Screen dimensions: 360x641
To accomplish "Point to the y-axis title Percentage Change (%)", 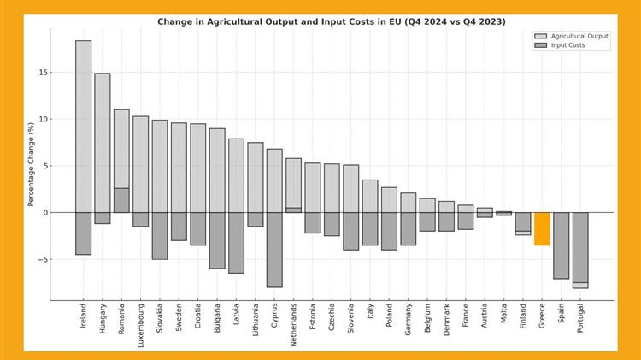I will [32, 164].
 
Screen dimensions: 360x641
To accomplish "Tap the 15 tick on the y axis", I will [42, 73].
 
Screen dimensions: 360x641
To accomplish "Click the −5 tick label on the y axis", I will [42, 259].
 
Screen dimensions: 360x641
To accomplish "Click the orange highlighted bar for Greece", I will [542, 228].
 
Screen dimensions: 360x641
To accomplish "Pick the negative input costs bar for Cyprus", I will [274, 250].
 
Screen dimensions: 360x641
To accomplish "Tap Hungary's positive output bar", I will [103, 142].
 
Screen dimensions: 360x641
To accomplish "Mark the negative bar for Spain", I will [561, 245].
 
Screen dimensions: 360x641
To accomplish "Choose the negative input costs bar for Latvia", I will [236, 243].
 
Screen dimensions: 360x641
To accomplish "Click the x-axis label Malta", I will [504, 314].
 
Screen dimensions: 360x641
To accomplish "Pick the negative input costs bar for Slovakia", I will [160, 235].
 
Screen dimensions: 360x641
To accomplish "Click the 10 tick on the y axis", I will [42, 119].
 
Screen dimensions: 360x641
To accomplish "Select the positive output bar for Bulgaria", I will [217, 170].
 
